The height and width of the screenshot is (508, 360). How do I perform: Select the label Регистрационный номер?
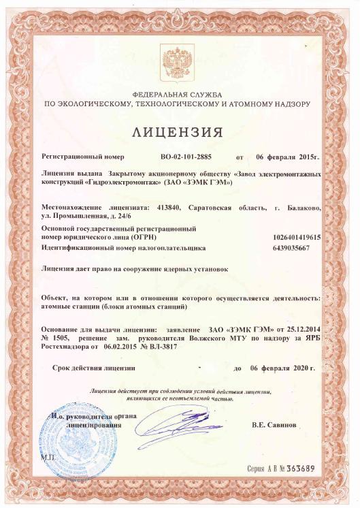tap(82, 156)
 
